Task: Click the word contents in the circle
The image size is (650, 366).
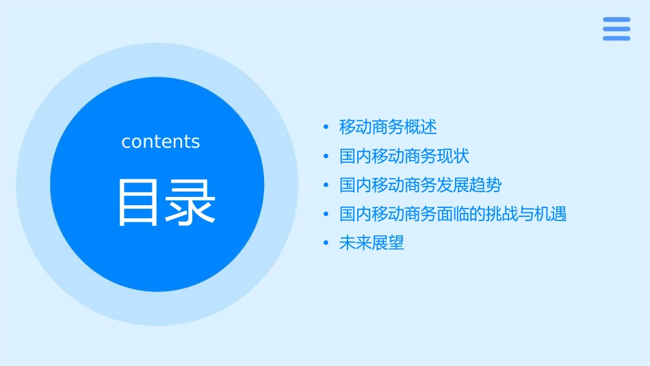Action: tap(161, 142)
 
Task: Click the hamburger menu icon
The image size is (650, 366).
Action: tap(616, 29)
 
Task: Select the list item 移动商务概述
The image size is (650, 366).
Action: tap(388, 127)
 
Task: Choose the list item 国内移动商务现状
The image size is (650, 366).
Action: tap(404, 156)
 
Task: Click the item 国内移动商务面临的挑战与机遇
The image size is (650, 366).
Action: tap(453, 214)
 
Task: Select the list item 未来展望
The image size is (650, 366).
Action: tap(372, 243)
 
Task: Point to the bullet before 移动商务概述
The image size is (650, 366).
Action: tap(326, 127)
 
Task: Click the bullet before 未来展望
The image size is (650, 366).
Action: tap(326, 244)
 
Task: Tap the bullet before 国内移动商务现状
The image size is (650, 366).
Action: tap(326, 157)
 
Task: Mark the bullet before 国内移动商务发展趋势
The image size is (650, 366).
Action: tap(326, 185)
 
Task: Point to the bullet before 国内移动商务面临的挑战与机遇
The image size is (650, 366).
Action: tap(326, 215)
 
